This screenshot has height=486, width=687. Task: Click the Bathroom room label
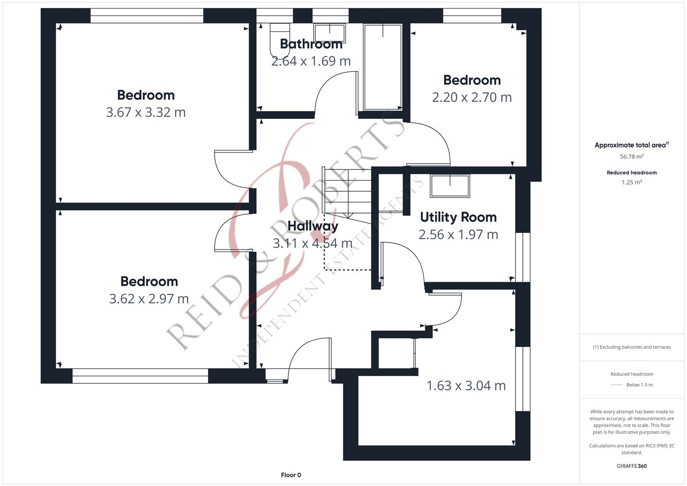[x=311, y=44]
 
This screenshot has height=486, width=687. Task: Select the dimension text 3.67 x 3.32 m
[x=146, y=112]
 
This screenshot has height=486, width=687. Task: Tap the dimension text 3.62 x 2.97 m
[x=149, y=298]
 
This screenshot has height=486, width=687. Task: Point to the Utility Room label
[x=458, y=217]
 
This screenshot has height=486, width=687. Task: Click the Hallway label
[x=313, y=226]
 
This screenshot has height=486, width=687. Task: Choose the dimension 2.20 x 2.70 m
[x=471, y=97]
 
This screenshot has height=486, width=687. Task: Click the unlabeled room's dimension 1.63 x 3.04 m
[x=466, y=386]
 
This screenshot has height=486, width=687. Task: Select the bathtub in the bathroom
[x=382, y=67]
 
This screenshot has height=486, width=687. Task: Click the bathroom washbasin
[x=329, y=33]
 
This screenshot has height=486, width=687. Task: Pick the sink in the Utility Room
[x=450, y=186]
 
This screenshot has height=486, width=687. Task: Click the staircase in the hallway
[x=347, y=191]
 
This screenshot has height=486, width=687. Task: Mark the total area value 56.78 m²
[x=632, y=157]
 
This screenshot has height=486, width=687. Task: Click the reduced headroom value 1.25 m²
[x=632, y=182]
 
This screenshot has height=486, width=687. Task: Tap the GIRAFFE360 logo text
[x=632, y=466]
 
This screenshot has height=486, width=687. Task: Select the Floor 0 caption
[x=291, y=475]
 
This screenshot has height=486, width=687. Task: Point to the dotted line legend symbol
[x=617, y=385]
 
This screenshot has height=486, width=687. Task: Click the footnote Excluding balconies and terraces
[x=632, y=347]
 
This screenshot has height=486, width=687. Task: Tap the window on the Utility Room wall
[x=523, y=257]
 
